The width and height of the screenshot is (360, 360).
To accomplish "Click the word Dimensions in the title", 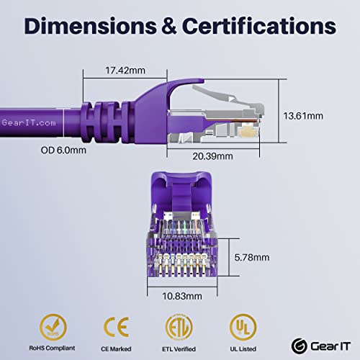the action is tap(91, 26).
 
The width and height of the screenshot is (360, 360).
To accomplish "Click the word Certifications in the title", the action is tap(259, 25).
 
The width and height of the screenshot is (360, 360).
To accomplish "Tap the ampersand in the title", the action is tap(169, 26).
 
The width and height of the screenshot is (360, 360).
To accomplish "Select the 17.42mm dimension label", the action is tap(125, 71).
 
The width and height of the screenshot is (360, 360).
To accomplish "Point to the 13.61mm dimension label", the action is tap(303, 116).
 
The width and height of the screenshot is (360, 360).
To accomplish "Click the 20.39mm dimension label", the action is tap(212, 156).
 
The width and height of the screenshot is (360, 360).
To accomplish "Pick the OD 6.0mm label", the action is tap(63, 150).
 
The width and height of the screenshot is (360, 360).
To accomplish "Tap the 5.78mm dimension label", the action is tap(252, 257).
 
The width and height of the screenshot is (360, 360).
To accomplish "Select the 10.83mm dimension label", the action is tap(182, 296).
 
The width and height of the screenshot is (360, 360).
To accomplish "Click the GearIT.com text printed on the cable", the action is tap(29, 123).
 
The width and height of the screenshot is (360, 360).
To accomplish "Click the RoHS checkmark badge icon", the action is tap(53, 327).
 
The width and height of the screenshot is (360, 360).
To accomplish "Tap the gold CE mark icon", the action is tap(117, 327).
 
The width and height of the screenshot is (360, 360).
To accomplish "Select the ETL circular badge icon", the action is tap(179, 327).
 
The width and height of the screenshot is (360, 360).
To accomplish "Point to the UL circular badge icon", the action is tap(243, 327).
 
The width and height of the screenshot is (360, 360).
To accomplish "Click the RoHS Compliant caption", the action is tap(52, 348).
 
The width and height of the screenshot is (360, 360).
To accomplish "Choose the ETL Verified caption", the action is tap(179, 349).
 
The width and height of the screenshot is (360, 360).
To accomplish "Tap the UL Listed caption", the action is tap(243, 349).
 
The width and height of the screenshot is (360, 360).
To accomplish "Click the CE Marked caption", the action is tap(116, 349).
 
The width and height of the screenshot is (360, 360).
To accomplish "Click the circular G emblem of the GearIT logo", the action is tap(300, 346).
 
